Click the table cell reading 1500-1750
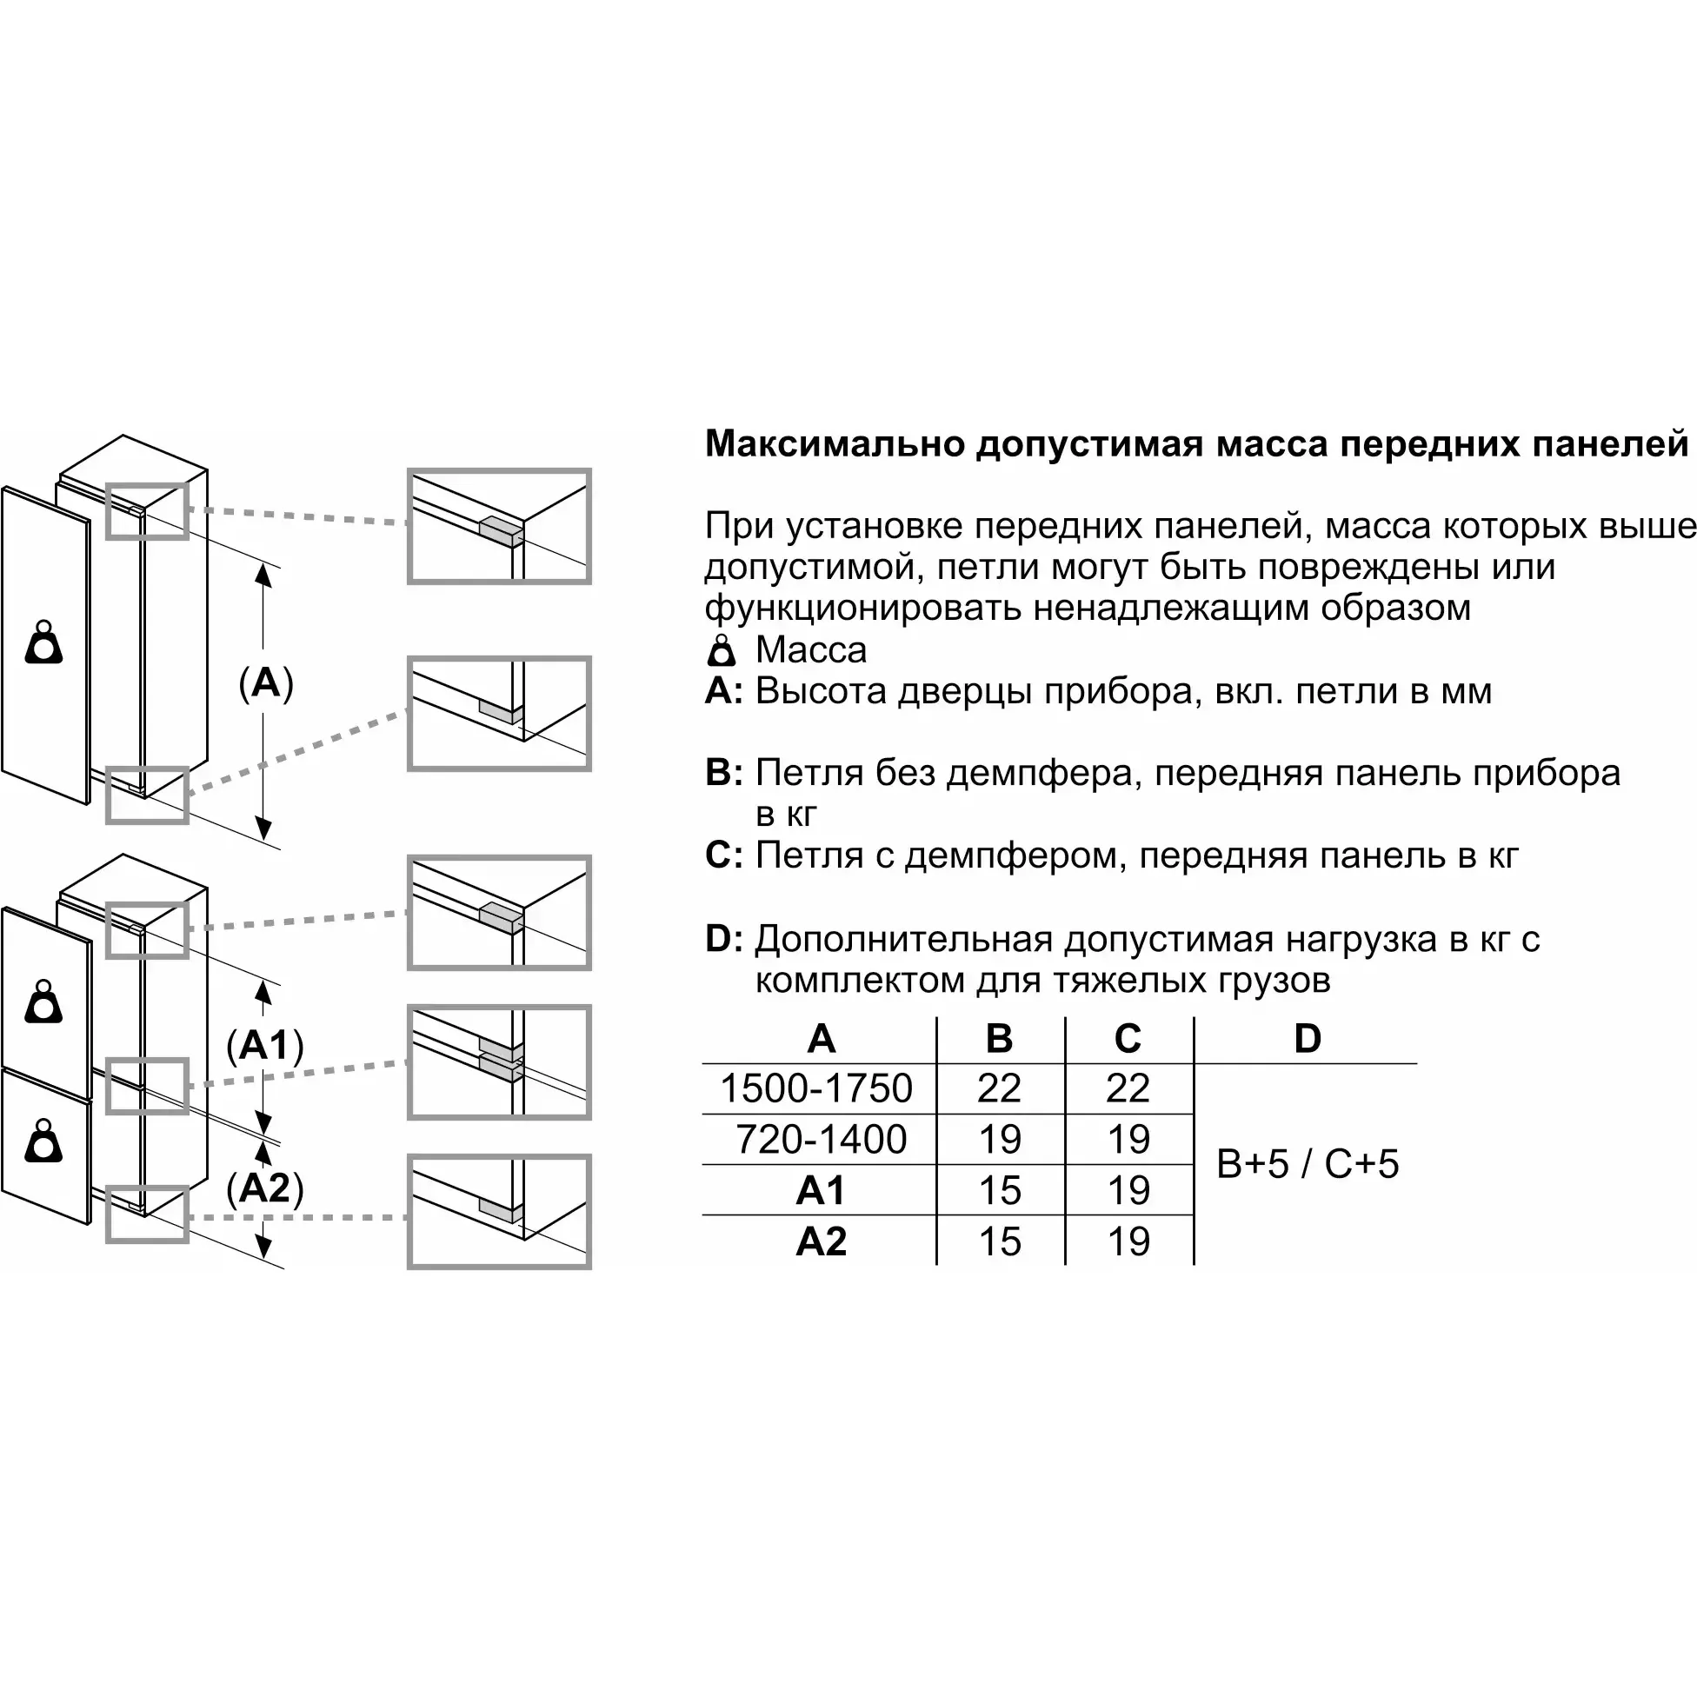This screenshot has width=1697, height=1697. point(816,1088)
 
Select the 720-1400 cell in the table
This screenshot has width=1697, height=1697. point(821,1139)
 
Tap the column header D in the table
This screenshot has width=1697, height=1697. point(1307,1038)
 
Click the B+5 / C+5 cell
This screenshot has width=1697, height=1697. point(1307,1164)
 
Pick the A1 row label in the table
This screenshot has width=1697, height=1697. point(821,1190)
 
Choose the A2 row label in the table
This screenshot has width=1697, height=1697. point(821,1241)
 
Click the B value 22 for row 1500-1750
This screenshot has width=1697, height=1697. point(1000,1088)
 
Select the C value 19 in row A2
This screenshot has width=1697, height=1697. point(1128,1241)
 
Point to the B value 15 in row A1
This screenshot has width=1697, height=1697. point(1000,1190)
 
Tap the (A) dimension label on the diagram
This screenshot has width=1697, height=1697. point(265,682)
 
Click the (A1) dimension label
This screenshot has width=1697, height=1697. point(264,1045)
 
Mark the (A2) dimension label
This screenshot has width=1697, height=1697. point(264,1188)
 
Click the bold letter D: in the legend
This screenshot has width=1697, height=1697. point(725,939)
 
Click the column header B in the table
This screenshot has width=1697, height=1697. point(1000,1038)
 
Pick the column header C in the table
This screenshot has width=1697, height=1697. point(1128,1038)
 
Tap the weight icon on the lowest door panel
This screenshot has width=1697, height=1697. point(44,1140)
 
